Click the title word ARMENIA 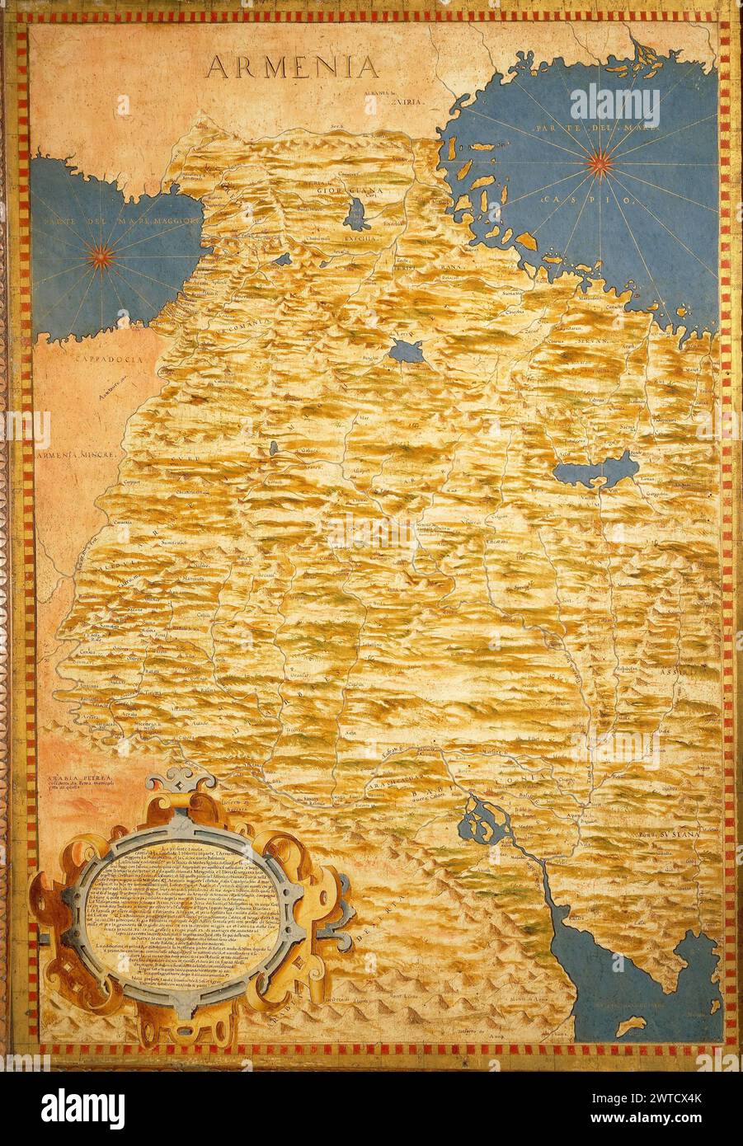[x=292, y=66]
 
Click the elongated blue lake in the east [x=595, y=471]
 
